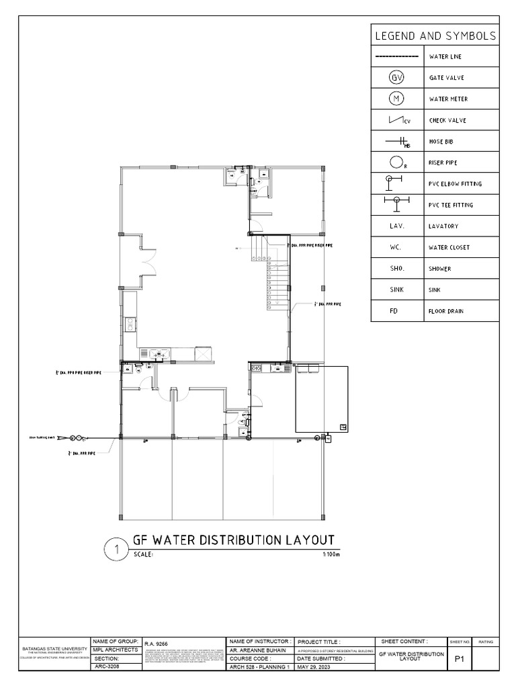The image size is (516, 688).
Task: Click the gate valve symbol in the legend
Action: tap(396, 77)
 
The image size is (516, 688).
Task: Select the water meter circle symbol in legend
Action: tap(396, 99)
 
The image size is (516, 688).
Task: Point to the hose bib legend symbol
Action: tap(398, 142)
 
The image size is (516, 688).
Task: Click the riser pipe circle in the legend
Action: tap(396, 163)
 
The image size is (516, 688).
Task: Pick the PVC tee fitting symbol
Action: tap(396, 201)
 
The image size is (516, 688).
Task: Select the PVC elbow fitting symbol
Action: tap(392, 181)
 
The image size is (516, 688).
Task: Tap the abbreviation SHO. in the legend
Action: tap(396, 269)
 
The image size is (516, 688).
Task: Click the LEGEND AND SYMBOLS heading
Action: tap(435, 36)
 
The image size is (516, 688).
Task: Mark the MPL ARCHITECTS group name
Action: tap(114, 650)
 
